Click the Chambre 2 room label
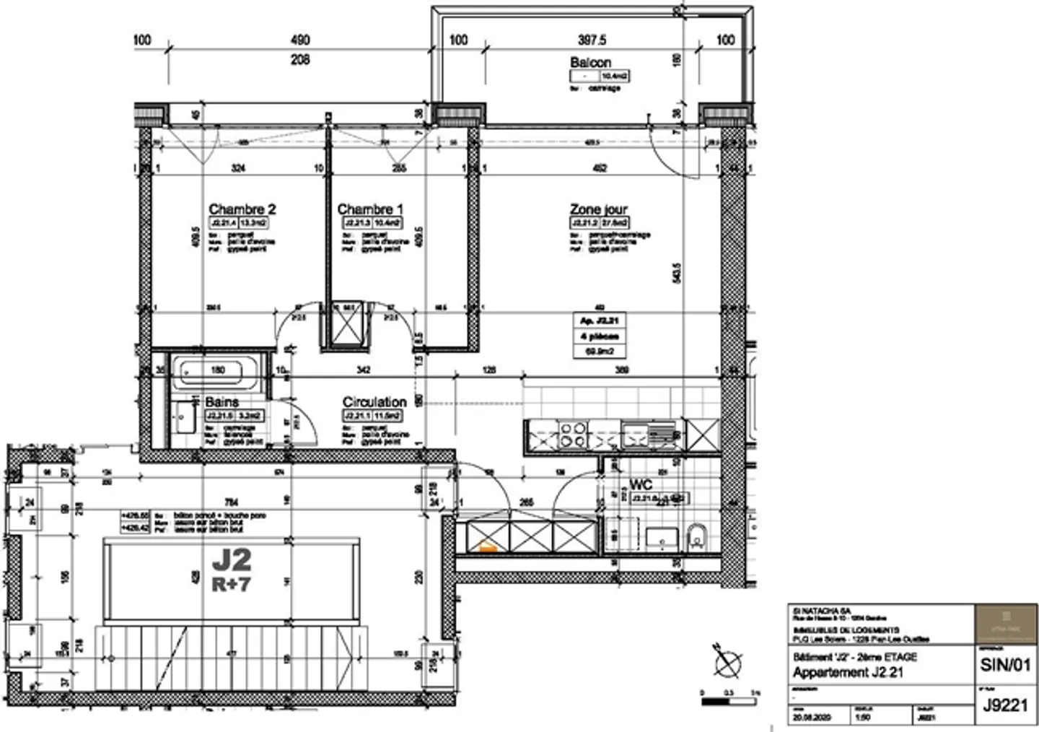click(242, 209)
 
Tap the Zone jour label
click(599, 209)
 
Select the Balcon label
click(590, 63)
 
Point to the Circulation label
click(374, 402)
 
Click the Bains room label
click(222, 402)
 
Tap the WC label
click(641, 485)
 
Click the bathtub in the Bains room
click(217, 372)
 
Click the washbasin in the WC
click(661, 536)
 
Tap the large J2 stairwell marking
click(232, 559)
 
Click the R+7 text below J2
click(232, 584)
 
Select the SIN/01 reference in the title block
click(1005, 665)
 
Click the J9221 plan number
click(1005, 705)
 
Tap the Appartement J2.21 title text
click(848, 673)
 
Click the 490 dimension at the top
click(300, 40)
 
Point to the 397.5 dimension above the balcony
click(592, 40)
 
